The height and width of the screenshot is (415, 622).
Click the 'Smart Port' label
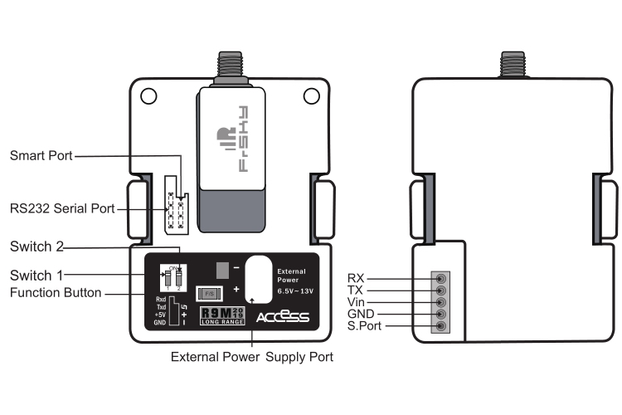click(41, 155)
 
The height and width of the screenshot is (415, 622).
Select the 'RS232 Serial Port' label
click(62, 207)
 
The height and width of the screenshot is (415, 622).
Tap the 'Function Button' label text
click(56, 292)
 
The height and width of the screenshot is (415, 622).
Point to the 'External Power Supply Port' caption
click(251, 358)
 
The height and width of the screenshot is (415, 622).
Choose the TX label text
click(356, 290)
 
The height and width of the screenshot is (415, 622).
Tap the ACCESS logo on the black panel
click(283, 317)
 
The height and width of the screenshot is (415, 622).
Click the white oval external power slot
click(260, 279)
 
